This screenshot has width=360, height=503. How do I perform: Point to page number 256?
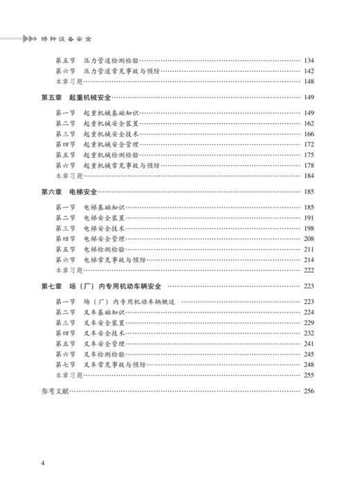point(309,392)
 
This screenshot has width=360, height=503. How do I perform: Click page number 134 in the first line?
point(309,60)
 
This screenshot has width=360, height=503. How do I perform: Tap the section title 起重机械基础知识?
point(111,113)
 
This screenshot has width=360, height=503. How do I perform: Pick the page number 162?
point(309,123)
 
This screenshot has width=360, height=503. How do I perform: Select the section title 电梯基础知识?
point(104,207)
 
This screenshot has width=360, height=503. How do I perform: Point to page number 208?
point(309,238)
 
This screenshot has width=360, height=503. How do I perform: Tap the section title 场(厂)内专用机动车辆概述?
point(129,301)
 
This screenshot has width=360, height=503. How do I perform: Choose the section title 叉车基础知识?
point(104,312)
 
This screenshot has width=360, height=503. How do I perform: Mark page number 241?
point(309,343)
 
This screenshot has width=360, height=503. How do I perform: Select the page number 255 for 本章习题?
point(309,375)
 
